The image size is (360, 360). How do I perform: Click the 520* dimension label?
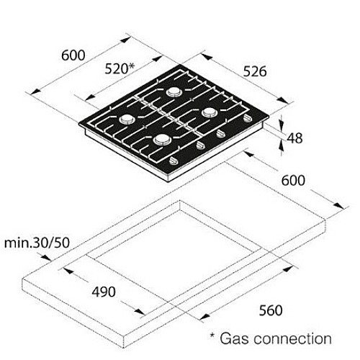tap(120, 69)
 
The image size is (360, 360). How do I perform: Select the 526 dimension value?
tap(255, 71)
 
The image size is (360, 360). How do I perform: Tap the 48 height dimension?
tap(294, 138)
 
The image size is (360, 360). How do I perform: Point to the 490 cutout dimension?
tap(104, 292)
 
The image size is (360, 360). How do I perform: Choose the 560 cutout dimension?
tap(271, 310)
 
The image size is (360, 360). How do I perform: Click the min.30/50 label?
tap(37, 243)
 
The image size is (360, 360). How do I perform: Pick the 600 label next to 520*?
tap(73, 55)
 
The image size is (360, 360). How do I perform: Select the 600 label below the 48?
tap(293, 181)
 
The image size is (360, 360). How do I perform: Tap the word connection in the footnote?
tap(292, 338)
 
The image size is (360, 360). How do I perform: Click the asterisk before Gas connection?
tap(212, 335)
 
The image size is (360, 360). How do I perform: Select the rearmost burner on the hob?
tap(174, 91)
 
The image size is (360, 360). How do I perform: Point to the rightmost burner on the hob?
tap(209, 112)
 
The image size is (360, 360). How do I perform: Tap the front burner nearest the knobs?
tap(161, 139)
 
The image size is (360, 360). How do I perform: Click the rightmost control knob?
tap(247, 118)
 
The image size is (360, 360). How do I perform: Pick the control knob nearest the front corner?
tap(174, 161)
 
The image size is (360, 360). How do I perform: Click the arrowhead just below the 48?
tap(282, 145)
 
